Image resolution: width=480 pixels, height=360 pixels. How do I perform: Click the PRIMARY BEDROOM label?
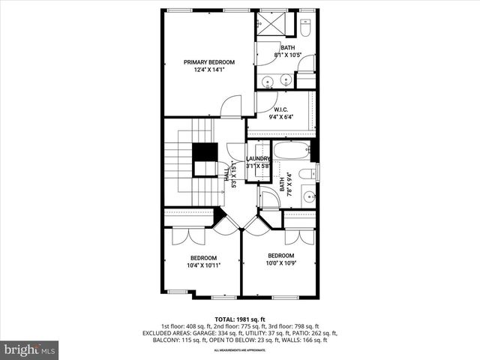click(x=210, y=62)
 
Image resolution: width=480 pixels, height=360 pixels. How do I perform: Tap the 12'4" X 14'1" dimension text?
click(x=210, y=70)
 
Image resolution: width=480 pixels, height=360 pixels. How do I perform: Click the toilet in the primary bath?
click(x=306, y=28)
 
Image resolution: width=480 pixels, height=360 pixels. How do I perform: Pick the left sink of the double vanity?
click(x=268, y=79)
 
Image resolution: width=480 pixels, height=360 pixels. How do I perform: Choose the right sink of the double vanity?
click(x=286, y=79)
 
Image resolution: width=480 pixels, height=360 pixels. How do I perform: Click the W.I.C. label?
click(x=281, y=109)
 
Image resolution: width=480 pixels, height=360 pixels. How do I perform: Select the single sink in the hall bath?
click(x=308, y=197)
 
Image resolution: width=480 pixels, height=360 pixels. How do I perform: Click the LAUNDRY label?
click(x=258, y=158)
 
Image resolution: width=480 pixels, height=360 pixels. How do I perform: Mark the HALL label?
click(x=227, y=173)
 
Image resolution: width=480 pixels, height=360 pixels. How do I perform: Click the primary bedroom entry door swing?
click(x=232, y=107)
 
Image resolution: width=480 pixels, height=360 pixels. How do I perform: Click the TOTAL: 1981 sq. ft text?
click(x=239, y=318)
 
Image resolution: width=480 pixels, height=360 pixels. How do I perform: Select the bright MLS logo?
click(x=30, y=349)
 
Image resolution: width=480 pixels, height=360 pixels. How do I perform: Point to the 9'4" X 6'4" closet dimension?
click(x=281, y=116)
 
